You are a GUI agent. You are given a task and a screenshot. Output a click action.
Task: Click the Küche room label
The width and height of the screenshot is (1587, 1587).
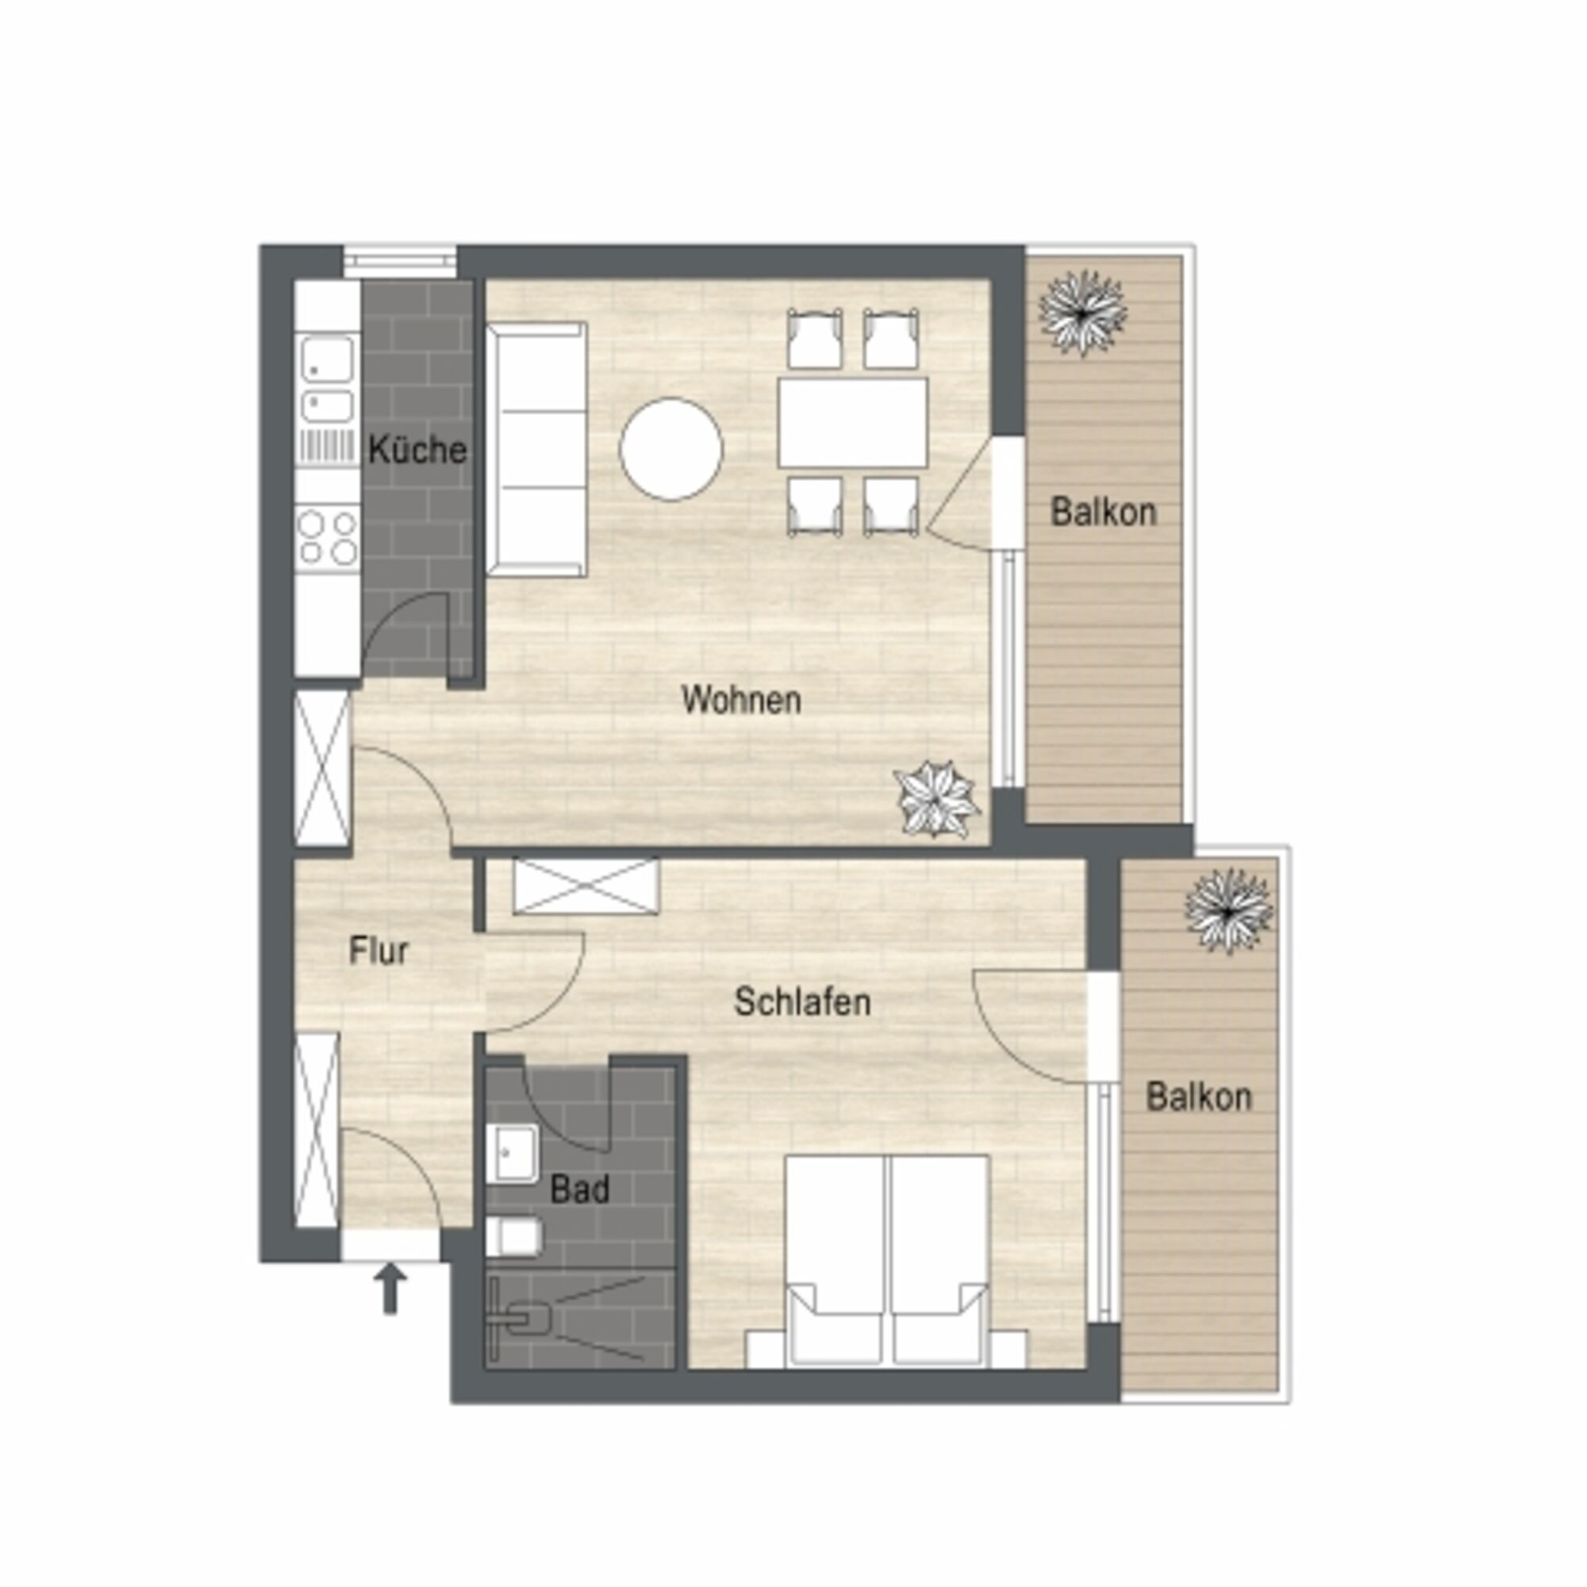(417, 450)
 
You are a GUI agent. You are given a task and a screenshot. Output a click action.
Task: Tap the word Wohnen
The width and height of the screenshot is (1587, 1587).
(741, 700)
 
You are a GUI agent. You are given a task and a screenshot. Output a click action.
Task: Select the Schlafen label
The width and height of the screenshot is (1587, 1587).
(801, 1002)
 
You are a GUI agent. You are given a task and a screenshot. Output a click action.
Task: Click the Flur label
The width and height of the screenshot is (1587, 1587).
(378, 951)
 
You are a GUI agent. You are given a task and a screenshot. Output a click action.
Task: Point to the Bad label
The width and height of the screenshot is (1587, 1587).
(580, 1189)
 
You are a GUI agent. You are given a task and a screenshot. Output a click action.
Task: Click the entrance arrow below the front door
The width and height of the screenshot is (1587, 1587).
(390, 1289)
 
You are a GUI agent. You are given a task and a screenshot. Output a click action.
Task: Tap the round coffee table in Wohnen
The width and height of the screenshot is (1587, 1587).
(671, 449)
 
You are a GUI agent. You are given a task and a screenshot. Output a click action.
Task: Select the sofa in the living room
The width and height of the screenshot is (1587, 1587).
(536, 449)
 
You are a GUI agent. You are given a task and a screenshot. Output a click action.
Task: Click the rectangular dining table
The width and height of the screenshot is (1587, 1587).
(854, 422)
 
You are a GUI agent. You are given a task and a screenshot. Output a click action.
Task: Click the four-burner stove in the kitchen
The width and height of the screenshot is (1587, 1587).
(328, 536)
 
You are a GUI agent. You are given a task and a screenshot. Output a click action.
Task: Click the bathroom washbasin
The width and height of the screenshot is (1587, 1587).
(512, 1154)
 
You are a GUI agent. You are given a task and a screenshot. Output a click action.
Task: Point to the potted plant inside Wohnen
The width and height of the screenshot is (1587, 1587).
(936, 799)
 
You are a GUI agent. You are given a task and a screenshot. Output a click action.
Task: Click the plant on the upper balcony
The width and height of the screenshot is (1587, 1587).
(1082, 313)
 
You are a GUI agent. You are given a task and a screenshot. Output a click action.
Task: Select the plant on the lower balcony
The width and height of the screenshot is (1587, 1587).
(1229, 911)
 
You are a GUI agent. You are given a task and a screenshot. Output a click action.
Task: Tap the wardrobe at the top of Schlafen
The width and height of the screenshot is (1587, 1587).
(586, 886)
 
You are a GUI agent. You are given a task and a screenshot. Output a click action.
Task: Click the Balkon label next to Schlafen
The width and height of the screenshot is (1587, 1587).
(1198, 1097)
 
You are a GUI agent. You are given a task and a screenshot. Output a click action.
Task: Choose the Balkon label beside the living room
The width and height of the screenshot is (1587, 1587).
(1103, 512)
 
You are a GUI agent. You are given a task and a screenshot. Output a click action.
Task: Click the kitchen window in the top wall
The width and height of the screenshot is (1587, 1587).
(399, 261)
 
